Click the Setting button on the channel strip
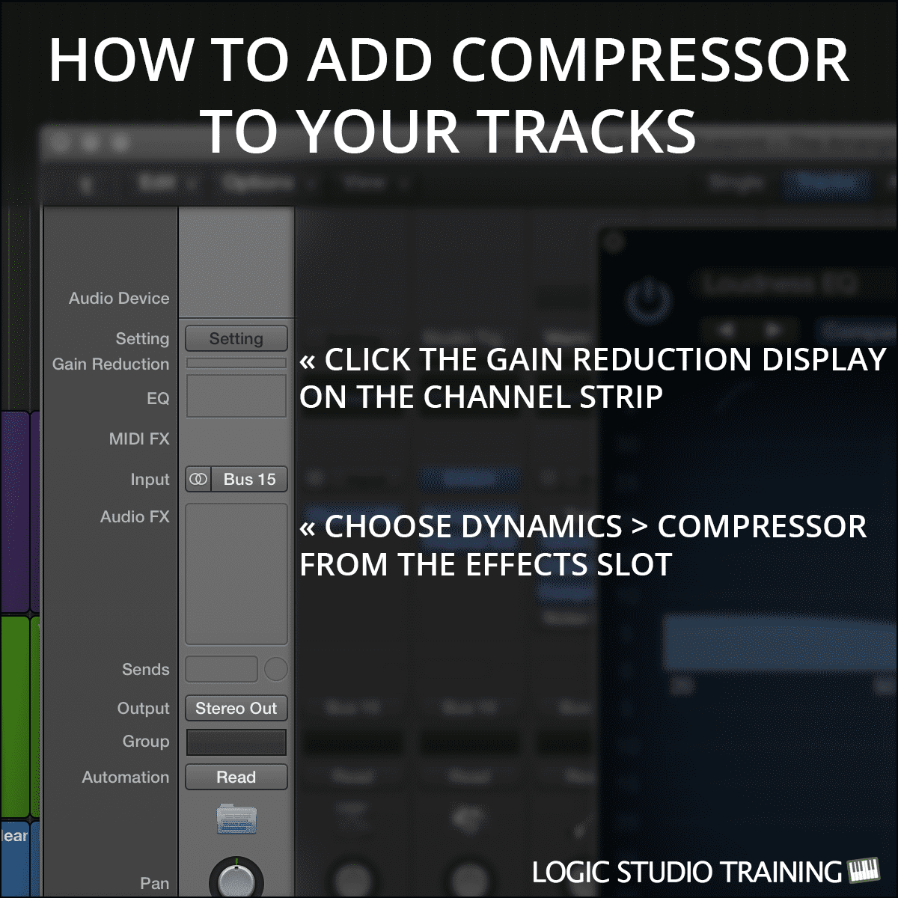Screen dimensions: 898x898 click(x=236, y=338)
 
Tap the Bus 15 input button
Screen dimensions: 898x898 click(x=249, y=479)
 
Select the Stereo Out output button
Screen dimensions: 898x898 click(x=236, y=708)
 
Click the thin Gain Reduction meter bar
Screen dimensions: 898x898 click(x=236, y=363)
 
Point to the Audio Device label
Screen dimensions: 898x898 click(x=119, y=298)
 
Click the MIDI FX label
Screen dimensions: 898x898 click(x=139, y=439)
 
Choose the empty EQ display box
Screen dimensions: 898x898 click(x=236, y=396)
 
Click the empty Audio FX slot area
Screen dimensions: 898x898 click(x=236, y=573)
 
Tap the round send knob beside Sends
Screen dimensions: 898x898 click(x=275, y=669)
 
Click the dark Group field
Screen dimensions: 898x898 click(x=236, y=742)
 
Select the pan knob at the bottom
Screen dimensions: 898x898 click(x=236, y=880)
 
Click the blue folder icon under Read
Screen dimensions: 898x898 click(x=236, y=819)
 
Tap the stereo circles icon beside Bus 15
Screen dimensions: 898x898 click(x=198, y=479)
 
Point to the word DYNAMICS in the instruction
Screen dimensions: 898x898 click(x=473, y=527)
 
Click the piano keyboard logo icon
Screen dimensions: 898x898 click(x=864, y=871)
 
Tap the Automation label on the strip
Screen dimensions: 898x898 click(x=126, y=777)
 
